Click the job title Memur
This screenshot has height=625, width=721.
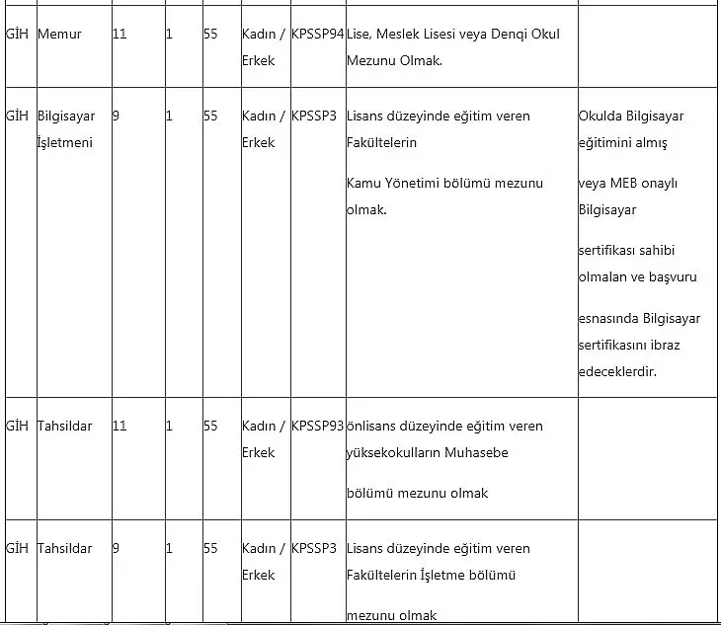(59, 35)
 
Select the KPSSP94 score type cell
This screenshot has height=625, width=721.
(317, 35)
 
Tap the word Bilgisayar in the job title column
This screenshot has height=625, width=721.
(66, 117)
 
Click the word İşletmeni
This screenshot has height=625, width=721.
(64, 143)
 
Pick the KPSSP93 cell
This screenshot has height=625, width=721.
(317, 427)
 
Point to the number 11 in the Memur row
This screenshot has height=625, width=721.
(120, 35)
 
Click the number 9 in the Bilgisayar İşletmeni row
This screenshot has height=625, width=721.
(116, 117)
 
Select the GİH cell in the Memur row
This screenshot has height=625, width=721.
(17, 35)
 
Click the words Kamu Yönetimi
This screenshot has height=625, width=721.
(394, 184)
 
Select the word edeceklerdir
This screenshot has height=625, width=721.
(617, 372)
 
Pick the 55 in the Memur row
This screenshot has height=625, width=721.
(210, 35)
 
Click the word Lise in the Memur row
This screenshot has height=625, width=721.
(359, 35)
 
